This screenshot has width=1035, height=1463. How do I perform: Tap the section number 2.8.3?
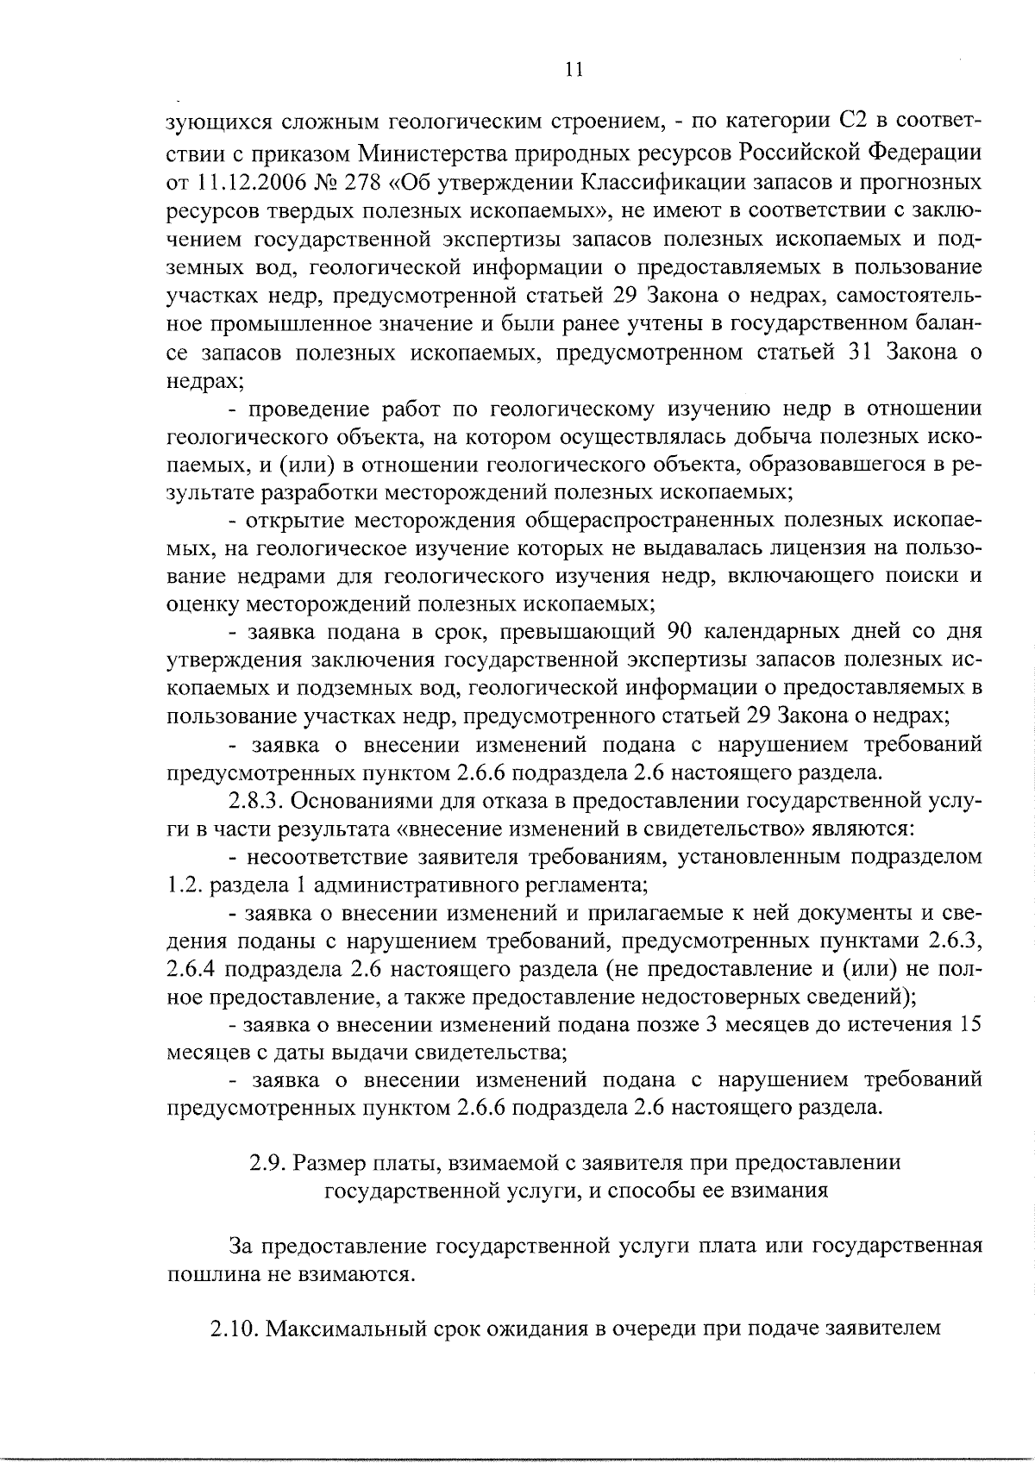click(x=255, y=800)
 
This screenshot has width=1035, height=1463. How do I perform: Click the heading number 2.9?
click(x=267, y=1163)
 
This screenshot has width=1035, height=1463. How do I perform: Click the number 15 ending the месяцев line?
click(x=970, y=1024)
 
